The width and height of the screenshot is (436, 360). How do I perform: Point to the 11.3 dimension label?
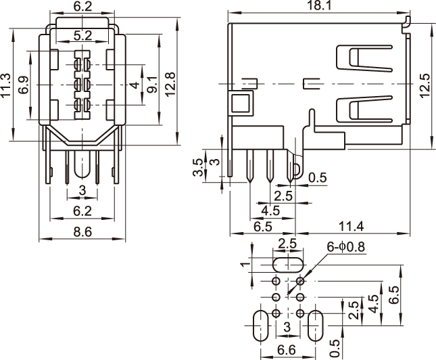7,86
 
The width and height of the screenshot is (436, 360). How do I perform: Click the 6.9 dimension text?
24,86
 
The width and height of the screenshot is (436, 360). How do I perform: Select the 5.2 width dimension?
82,35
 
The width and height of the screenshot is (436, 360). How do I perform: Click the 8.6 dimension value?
82,232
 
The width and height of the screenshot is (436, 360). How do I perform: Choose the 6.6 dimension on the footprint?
287,350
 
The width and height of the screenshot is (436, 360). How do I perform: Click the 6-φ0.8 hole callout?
346,246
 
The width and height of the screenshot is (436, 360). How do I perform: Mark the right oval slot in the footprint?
316,326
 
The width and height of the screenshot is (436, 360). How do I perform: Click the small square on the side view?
241,104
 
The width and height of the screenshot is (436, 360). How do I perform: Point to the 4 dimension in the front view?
135,85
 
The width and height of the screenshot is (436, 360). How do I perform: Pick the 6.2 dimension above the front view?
82,7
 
